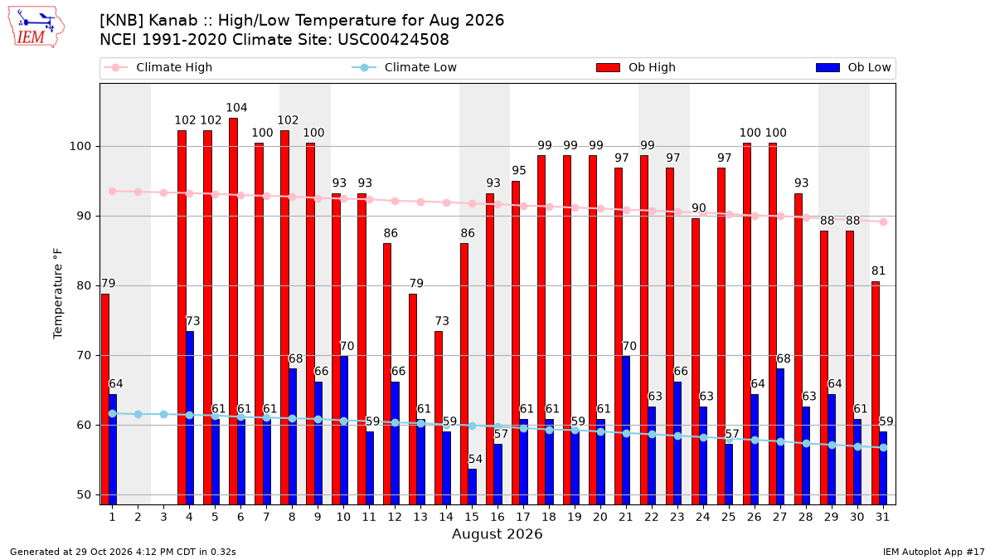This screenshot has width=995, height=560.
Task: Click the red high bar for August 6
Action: coord(233,311)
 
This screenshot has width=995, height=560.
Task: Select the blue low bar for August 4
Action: coord(190,418)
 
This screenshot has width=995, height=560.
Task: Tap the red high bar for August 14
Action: coord(439,418)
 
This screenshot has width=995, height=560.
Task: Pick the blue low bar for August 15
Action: coord(472,487)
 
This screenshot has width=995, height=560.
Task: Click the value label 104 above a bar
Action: coord(236,108)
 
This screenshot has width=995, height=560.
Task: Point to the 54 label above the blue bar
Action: coord(475,459)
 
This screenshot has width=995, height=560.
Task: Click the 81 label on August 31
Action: coord(878,270)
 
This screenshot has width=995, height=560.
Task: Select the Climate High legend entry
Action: coord(158,67)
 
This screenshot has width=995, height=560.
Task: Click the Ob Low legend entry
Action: coord(853,67)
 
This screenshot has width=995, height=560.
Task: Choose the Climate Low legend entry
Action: coord(405,67)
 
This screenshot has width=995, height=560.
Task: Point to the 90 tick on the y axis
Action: coord(84,216)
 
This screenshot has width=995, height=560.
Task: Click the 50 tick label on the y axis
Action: coord(84,494)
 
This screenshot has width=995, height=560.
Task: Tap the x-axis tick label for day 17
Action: coord(523,517)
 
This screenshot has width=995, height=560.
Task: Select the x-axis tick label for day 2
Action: coord(138,517)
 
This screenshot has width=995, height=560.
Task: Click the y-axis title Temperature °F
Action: coord(58,294)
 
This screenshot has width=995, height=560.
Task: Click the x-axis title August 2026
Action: coord(497,533)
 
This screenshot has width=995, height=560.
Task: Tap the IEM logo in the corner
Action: coord(36,27)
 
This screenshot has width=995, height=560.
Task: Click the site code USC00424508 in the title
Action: coord(393,40)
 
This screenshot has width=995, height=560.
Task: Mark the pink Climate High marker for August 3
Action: coord(163,192)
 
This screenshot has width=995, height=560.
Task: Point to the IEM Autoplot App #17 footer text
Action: coord(934,552)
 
